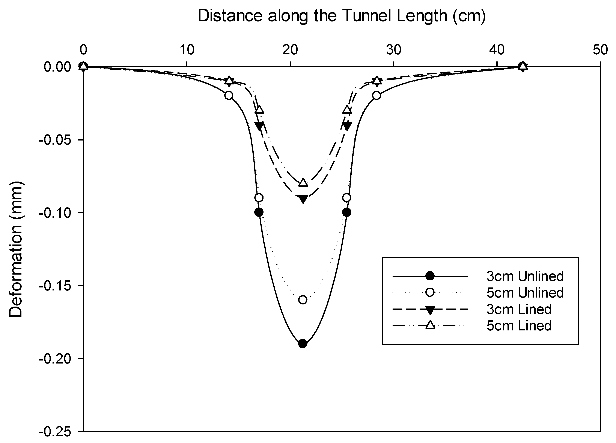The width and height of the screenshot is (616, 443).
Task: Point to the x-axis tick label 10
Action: (187, 50)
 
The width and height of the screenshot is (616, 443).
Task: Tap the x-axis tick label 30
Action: (394, 50)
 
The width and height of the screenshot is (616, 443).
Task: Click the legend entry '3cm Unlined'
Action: (525, 276)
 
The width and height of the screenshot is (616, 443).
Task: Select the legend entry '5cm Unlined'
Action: (525, 293)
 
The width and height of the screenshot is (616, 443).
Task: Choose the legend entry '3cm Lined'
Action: (519, 309)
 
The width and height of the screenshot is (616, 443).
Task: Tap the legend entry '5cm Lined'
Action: (519, 326)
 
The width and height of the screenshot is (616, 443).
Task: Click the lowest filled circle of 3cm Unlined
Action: (303, 344)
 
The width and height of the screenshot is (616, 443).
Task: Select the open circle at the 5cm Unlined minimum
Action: (303, 300)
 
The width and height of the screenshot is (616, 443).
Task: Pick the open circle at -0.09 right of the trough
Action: (346, 198)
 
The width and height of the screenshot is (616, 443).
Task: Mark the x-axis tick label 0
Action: (83, 50)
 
